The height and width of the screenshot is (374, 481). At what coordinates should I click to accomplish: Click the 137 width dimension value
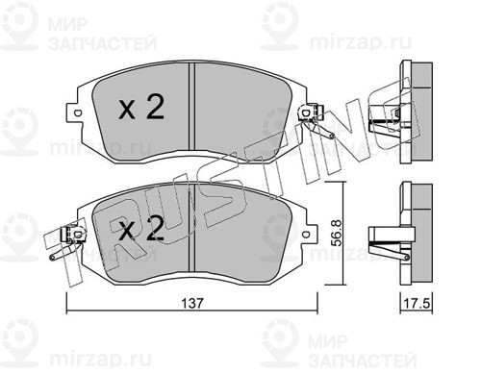pyautogui.click(x=192, y=303)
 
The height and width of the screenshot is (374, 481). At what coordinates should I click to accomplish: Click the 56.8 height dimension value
pyautogui.click(x=337, y=233)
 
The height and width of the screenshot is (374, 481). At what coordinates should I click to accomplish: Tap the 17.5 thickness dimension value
pyautogui.click(x=417, y=303)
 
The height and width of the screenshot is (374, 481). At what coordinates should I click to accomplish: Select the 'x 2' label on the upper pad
pyautogui.click(x=141, y=108)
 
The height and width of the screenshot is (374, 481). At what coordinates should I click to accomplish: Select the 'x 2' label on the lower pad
pyautogui.click(x=141, y=228)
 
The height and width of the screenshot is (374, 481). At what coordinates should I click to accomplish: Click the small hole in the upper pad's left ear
pyautogui.click(x=77, y=113)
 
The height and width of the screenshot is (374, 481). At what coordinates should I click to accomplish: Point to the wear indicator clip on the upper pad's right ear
pyautogui.click(x=316, y=121)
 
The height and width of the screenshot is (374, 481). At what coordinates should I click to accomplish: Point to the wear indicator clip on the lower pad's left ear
pyautogui.click(x=68, y=243)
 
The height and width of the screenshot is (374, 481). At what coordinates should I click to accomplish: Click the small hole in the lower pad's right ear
pyautogui.click(x=306, y=235)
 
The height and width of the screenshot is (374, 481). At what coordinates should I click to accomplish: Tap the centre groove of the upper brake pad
pyautogui.click(x=191, y=106)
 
